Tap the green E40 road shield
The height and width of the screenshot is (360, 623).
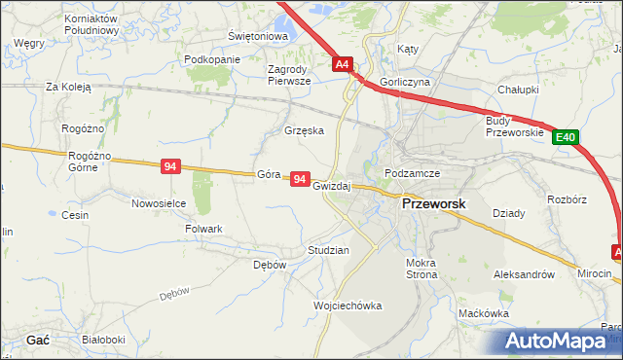tap(568, 138)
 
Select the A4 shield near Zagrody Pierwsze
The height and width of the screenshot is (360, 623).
tap(342, 65)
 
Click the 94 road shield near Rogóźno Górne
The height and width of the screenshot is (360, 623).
tap(171, 167)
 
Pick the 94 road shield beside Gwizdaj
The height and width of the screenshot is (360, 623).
tap(300, 180)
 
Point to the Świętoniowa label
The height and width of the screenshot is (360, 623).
tap(259, 36)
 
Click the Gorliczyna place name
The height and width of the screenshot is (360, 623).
tap(406, 83)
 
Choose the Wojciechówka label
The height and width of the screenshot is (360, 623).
tap(348, 306)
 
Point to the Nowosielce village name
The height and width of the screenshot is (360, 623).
tap(159, 203)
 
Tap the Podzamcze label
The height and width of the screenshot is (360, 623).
tap(413, 173)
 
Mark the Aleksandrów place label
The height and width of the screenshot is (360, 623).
tap(531, 275)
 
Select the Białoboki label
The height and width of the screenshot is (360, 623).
tap(104, 340)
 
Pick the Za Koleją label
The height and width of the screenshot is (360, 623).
tap(68, 87)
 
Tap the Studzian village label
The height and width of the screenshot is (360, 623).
tap(328, 250)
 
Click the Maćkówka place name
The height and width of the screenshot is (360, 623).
tap(485, 313)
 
